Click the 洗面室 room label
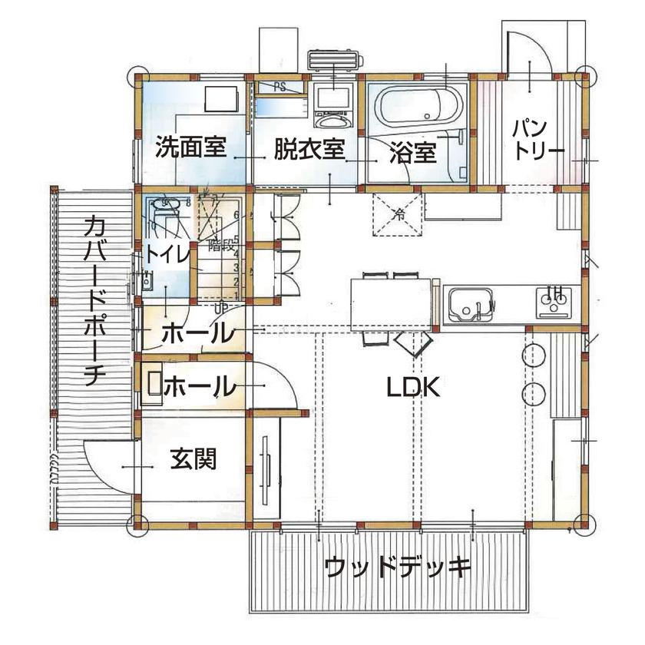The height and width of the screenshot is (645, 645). pos(190,147)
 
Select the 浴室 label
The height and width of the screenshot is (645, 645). pos(412,154)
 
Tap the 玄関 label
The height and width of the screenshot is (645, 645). pos(192,460)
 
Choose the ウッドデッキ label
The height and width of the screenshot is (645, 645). pos(397,569)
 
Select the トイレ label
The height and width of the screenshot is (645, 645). pos(167,254)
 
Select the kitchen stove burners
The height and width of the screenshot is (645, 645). pos(554,302)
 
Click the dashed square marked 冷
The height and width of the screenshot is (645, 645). pos(399,213)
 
